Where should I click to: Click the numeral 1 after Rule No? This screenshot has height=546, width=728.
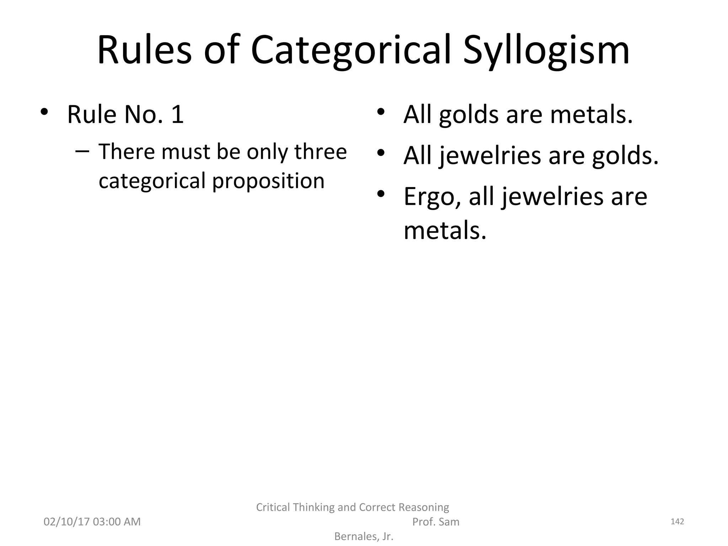coord(177,114)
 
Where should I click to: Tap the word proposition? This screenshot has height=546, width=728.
coord(268,181)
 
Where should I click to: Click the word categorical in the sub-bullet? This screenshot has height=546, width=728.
coord(152,181)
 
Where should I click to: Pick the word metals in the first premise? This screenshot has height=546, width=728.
coord(591,114)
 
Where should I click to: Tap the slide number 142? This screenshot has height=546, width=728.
coord(677,521)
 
